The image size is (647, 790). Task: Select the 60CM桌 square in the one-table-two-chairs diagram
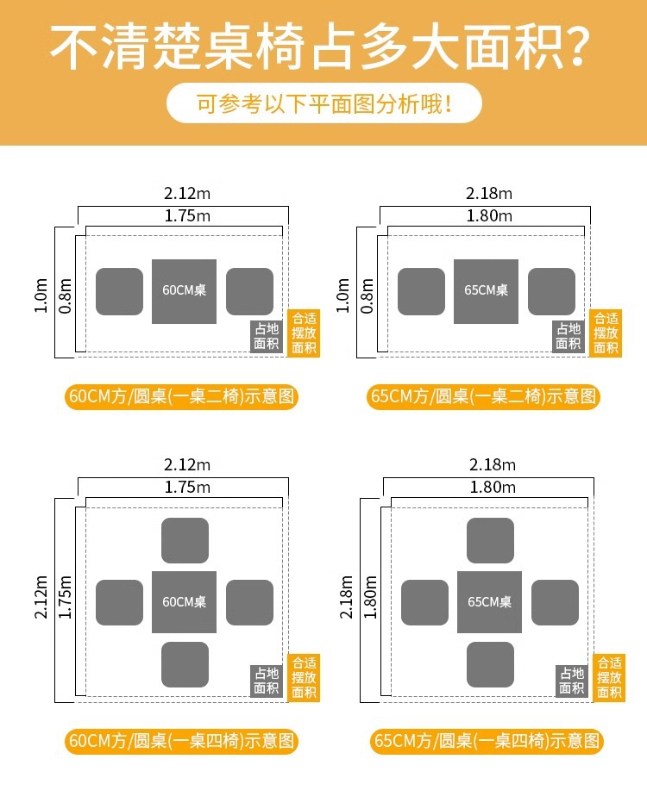pyautogui.click(x=184, y=291)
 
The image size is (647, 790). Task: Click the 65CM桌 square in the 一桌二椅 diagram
pyautogui.click(x=486, y=291)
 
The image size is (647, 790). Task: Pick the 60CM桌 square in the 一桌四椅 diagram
pyautogui.click(x=184, y=602)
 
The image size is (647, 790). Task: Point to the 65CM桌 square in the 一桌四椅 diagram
pyautogui.click(x=489, y=602)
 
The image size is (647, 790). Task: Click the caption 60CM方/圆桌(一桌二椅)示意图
pyautogui.click(x=182, y=397)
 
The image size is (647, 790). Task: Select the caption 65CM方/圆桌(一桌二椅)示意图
pyautogui.click(x=484, y=397)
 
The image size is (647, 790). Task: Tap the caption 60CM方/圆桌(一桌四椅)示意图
pyautogui.click(x=182, y=741)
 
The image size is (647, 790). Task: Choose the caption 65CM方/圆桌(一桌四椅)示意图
pyautogui.click(x=487, y=741)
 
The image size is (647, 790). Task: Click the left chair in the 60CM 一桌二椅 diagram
pyautogui.click(x=119, y=291)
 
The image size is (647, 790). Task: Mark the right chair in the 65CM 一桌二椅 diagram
pyautogui.click(x=551, y=291)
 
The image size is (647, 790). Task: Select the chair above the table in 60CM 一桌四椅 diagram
pyautogui.click(x=185, y=541)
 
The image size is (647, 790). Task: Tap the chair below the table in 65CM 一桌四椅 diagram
pyautogui.click(x=490, y=664)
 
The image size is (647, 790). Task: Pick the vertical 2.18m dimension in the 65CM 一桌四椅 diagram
pyautogui.click(x=348, y=598)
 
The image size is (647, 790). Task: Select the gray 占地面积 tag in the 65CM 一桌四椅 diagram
pyautogui.click(x=572, y=681)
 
